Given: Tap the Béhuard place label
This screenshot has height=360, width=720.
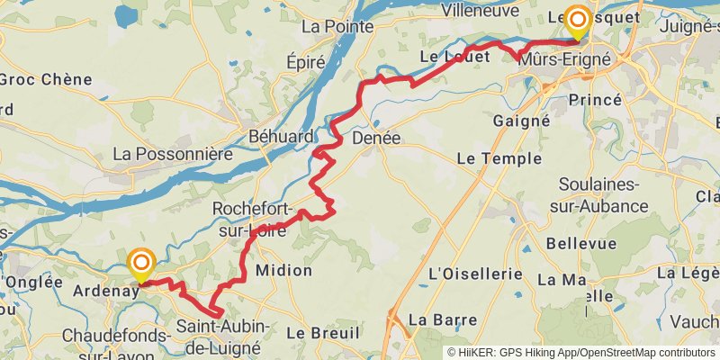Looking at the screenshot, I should pos(281,137).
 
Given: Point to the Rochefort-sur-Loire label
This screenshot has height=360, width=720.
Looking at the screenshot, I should pos(254,219).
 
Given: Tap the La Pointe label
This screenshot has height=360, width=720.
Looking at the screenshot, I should pos(337,26).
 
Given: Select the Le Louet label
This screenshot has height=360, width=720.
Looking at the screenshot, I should pos(454,56).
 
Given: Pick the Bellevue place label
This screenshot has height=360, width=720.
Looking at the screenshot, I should pos(580,243).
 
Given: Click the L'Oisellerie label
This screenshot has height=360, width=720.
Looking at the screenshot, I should pos(476,272).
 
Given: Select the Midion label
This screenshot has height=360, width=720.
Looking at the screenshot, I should pos(283,270).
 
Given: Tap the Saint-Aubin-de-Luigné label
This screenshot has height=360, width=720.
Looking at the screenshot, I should pos(218,336).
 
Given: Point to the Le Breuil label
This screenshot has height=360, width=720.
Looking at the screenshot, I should pos(316,332).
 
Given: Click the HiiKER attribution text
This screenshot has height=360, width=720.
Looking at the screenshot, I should pos(580,352).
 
